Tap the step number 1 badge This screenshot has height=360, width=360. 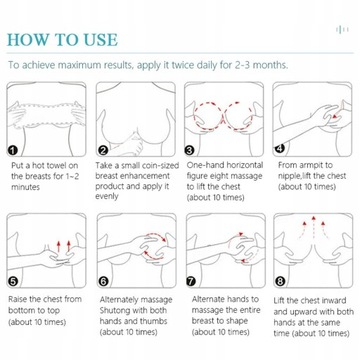[x=13, y=151]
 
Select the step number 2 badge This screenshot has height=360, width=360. [x=103, y=151]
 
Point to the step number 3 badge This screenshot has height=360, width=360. [x=190, y=150]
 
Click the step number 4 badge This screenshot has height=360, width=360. [x=279, y=148]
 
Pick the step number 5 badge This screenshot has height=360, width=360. [x=13, y=282]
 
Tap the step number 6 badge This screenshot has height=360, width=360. [x=103, y=282]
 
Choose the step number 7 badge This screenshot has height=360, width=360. [x=191, y=282]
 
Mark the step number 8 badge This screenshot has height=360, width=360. [x=280, y=282]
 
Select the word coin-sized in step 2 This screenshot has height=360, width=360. [x=159, y=166]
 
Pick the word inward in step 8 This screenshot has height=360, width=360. [x=333, y=301]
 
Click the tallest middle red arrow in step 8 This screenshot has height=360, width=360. [x=313, y=226]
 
